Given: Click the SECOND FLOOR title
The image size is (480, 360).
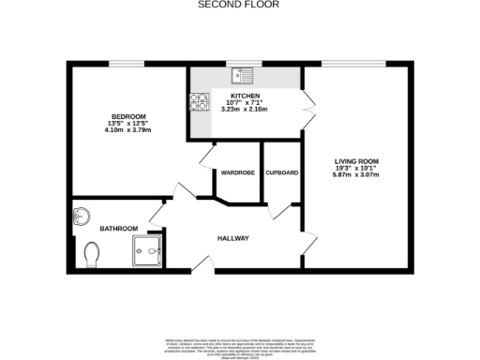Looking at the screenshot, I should pos(240,5).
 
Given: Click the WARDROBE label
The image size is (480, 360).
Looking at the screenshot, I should pos(238,173).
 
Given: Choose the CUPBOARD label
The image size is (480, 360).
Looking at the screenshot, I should pos(282,173).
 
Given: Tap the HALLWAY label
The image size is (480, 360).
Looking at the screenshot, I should pos(233,238).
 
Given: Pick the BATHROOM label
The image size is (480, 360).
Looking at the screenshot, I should pos(119,229).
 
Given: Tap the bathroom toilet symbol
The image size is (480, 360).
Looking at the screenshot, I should pos(92,254).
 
